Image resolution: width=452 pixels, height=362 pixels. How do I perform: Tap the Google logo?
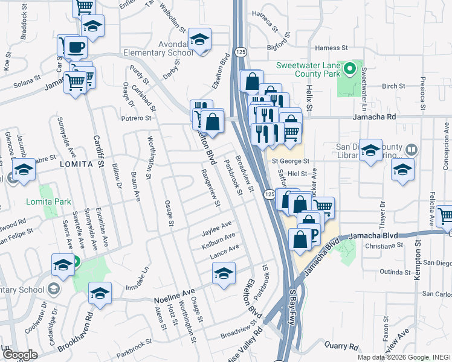point(19,355)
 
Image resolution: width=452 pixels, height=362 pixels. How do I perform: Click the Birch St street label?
point(393,86)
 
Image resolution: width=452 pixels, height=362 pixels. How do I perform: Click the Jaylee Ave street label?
point(217,228)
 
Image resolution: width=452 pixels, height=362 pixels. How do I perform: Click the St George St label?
point(290,162)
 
